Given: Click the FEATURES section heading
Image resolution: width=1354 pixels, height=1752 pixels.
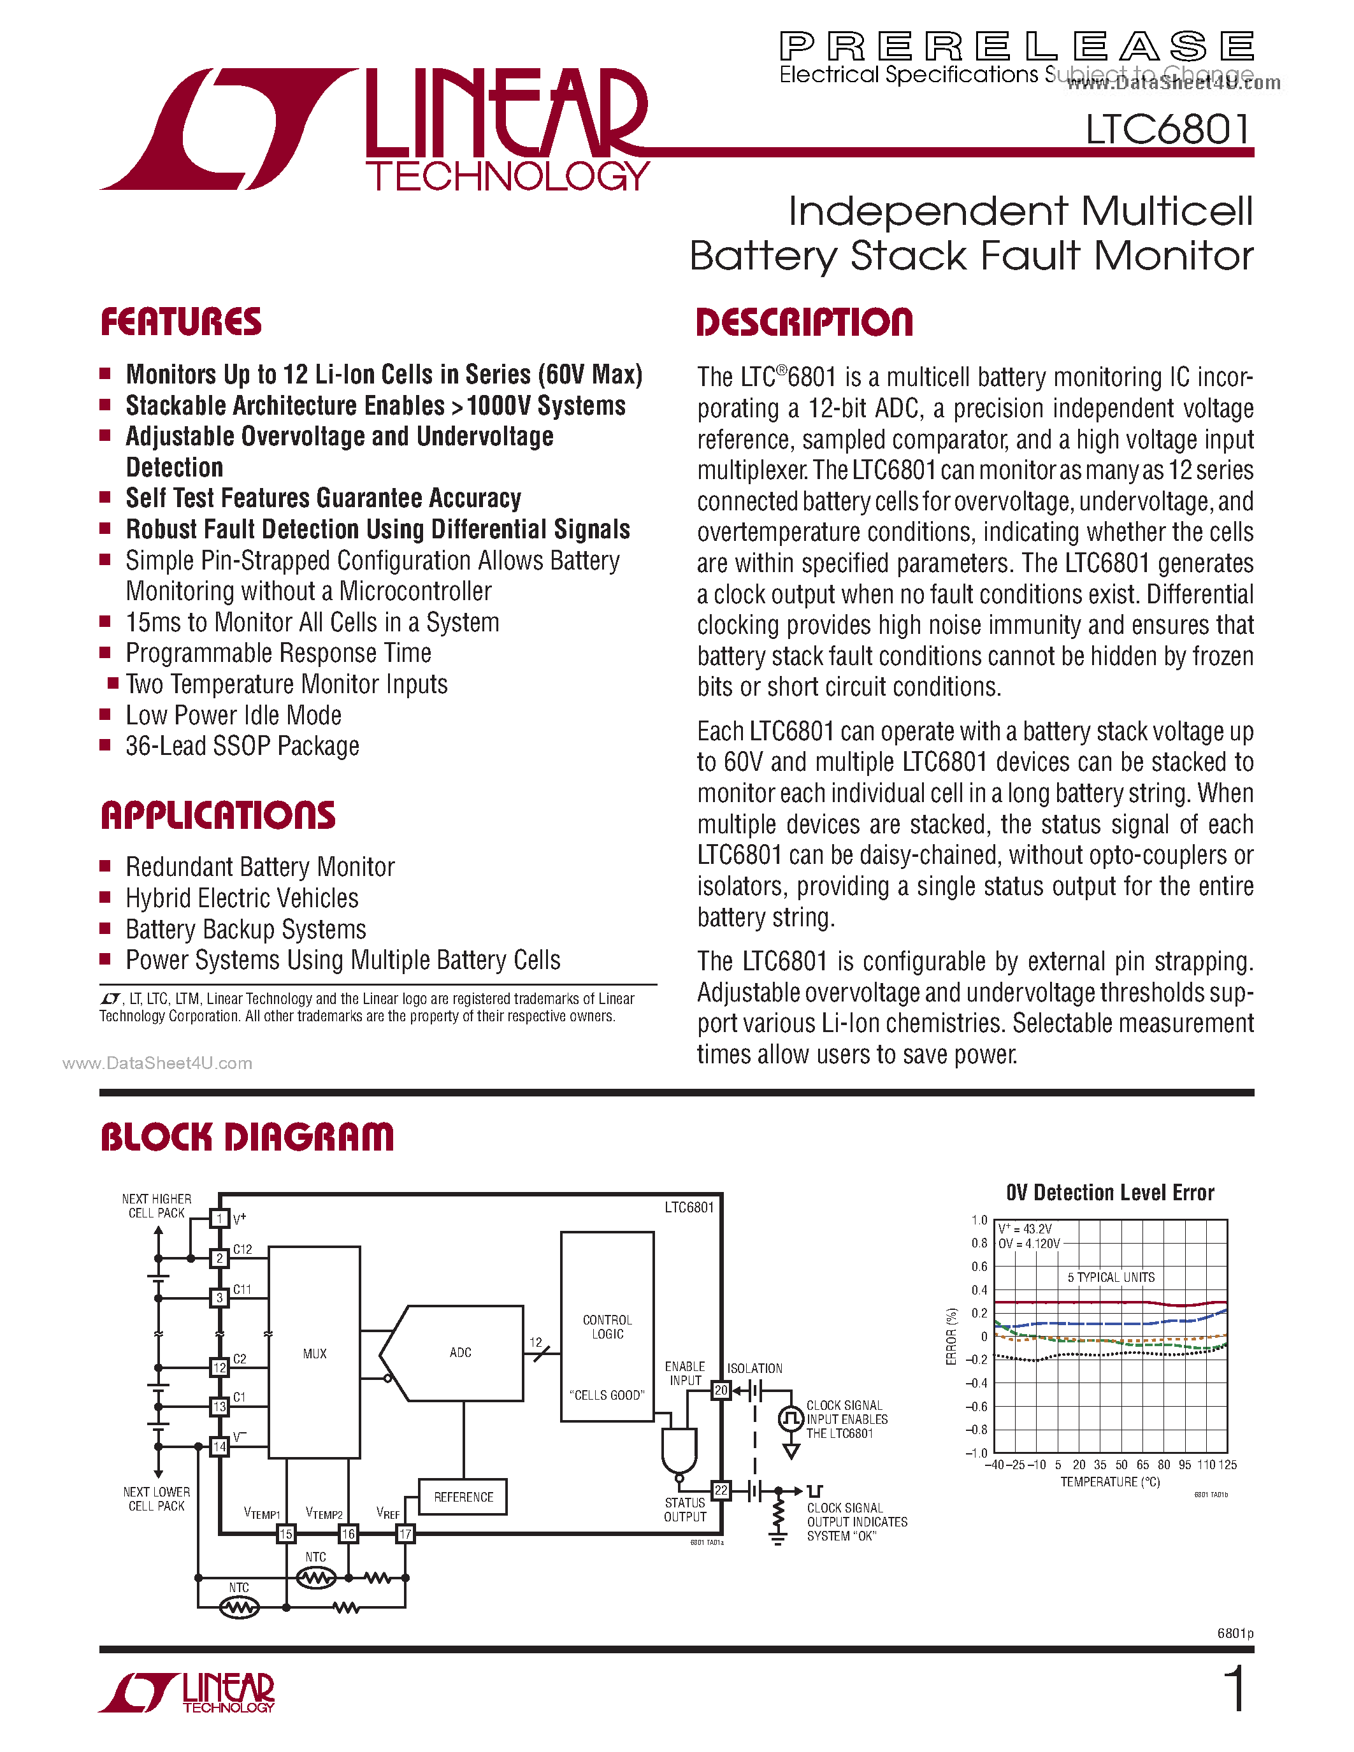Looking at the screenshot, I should [182, 322].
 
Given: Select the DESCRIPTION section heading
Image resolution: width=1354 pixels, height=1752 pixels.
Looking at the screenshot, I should [805, 322].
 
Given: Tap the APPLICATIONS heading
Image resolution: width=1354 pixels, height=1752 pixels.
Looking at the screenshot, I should [217, 816].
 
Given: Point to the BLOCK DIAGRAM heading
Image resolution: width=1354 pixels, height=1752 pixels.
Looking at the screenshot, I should [247, 1137].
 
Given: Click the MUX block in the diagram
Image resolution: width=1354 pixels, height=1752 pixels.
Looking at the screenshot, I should [314, 1354].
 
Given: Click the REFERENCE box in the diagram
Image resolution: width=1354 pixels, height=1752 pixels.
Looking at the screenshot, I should [463, 1497].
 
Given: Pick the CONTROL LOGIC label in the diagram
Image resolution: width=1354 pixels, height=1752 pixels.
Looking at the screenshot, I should [607, 1327].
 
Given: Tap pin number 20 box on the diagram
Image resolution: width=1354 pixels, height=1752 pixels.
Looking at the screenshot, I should [721, 1390].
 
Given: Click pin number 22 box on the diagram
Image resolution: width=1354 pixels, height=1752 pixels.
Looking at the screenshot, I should [721, 1491].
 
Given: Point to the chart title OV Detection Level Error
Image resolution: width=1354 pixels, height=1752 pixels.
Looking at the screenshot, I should [1110, 1193].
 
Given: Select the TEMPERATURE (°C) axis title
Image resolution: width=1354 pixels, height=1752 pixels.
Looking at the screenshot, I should [1110, 1482].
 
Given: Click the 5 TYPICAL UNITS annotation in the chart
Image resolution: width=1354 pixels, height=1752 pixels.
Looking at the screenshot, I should [1111, 1277].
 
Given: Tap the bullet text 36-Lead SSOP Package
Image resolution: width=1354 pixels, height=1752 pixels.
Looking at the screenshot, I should [242, 747].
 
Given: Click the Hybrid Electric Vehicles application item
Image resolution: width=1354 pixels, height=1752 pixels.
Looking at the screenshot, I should [242, 898].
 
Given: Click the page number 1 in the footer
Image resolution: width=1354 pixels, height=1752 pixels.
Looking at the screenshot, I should [1236, 1690].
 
